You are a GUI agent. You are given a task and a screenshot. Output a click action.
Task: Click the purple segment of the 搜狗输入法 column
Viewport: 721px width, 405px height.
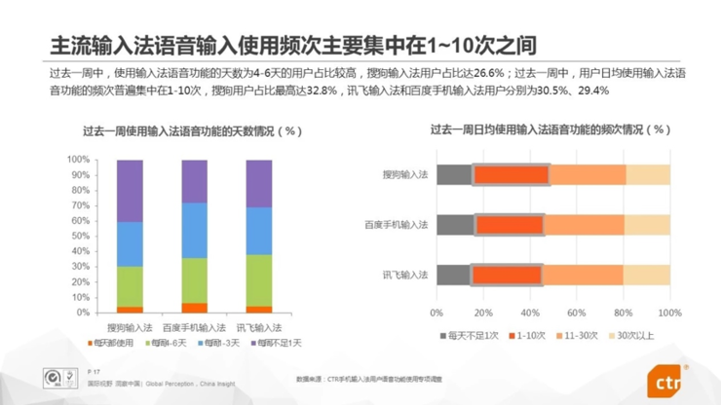[x=130, y=190]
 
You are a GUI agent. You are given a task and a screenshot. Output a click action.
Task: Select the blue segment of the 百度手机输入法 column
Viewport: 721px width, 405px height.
[x=195, y=230]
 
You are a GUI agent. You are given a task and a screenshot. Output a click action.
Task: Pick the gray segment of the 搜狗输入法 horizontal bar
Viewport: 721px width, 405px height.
[x=454, y=174]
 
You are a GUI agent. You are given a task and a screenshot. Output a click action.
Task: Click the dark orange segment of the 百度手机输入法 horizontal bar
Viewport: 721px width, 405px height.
[x=509, y=225]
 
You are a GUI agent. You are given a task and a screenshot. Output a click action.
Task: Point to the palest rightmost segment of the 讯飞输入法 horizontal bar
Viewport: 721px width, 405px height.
[x=646, y=275]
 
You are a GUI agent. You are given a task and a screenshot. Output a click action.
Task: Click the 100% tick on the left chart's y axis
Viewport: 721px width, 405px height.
[x=78, y=160]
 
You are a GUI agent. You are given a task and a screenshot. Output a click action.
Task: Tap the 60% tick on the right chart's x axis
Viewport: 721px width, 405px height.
[x=576, y=313]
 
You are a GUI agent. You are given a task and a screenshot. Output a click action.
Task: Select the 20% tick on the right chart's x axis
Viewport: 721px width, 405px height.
[x=482, y=313]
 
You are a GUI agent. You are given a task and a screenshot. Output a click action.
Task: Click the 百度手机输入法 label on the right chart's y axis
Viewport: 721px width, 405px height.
[x=397, y=225]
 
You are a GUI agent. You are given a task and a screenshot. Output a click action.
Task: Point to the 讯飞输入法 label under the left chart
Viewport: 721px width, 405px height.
[x=259, y=326]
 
